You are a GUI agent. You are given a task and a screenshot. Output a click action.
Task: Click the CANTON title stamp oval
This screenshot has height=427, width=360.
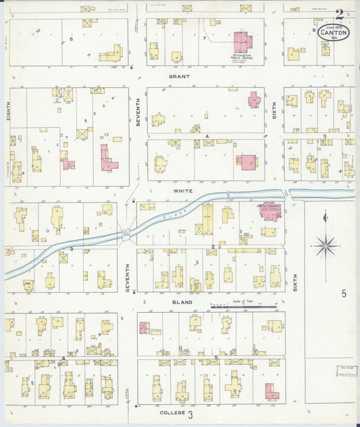pos(334,32)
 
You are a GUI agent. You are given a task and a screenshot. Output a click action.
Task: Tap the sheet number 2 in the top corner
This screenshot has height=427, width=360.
pos(338,13)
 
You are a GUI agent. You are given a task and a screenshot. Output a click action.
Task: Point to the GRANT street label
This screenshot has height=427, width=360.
pos(179,77)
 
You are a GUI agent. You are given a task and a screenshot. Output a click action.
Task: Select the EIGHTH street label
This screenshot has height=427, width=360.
pos(9,111)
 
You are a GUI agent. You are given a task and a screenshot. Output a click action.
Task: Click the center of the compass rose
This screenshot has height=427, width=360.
pos(326,246)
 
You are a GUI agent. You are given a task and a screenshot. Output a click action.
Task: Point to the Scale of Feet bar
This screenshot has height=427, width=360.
pos(243,307)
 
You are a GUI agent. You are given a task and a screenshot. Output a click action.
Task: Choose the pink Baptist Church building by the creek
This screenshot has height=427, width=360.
pos(272,211)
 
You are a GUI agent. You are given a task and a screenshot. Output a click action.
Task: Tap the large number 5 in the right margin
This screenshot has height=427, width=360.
pos(343,293)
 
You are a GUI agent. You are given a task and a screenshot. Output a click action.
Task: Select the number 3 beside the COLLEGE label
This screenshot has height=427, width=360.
pos(190,414)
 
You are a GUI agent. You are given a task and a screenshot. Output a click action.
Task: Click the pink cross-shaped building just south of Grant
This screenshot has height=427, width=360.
pos(254,100)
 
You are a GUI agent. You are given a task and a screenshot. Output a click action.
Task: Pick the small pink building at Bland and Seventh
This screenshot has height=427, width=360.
pos(143,328)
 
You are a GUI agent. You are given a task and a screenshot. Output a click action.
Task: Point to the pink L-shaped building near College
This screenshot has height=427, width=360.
pos(271,391)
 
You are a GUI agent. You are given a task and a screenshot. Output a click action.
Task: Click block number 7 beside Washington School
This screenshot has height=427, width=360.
pos(204,39)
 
